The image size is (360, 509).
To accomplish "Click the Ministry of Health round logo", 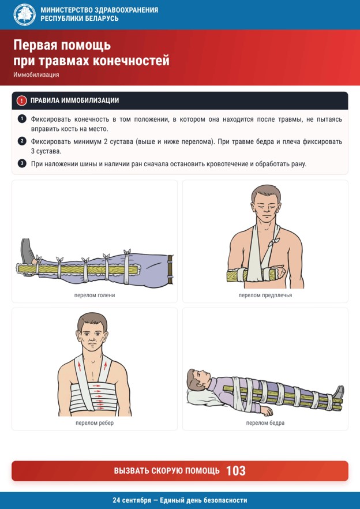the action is pyautogui.click(x=25, y=14).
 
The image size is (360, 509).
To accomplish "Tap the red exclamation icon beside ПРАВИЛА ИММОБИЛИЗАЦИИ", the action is pyautogui.click(x=21, y=100).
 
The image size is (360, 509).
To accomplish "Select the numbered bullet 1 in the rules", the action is pyautogui.click(x=22, y=119).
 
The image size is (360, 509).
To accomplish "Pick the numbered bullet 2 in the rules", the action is pyautogui.click(x=22, y=141).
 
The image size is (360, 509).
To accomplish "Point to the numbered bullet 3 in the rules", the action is pyautogui.click(x=22, y=163).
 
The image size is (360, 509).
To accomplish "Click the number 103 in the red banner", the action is pyautogui.click(x=235, y=471).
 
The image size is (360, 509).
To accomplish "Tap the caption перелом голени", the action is pyautogui.click(x=95, y=295).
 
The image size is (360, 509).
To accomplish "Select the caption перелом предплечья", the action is pyautogui.click(x=265, y=295).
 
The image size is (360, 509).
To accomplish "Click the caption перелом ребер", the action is pyautogui.click(x=95, y=423).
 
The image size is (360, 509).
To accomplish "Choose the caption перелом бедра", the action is pyautogui.click(x=265, y=423).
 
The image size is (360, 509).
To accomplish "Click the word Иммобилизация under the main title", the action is pyautogui.click(x=36, y=75).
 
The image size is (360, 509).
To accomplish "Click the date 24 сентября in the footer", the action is pyautogui.click(x=132, y=500).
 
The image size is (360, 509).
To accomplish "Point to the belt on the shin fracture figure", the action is pyautogui.click(x=170, y=269).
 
